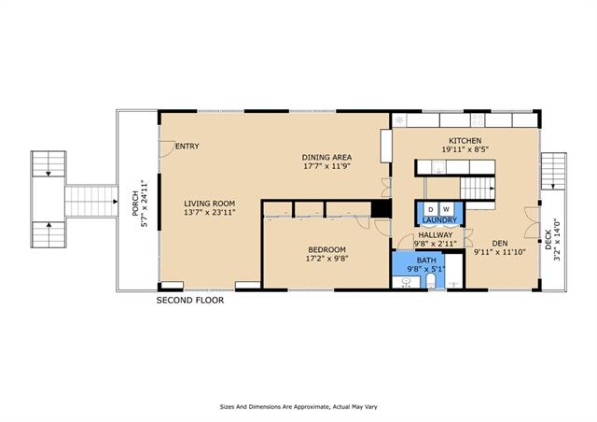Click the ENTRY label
[187, 146]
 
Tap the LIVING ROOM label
[209, 204]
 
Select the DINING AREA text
[326, 157]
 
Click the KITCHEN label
[465, 141]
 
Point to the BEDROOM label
[327, 249]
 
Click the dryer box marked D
[431, 209]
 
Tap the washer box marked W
[447, 209]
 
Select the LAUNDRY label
[439, 220]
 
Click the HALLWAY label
[436, 235]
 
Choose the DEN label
[500, 244]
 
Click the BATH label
[426, 260]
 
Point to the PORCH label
[135, 204]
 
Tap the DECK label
[548, 239]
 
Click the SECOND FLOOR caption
[190, 301]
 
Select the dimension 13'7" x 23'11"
[209, 212]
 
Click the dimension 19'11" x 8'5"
[465, 149]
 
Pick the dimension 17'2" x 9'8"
[327, 259]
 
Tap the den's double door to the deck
[532, 222]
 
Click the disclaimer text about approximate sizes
[298, 407]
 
